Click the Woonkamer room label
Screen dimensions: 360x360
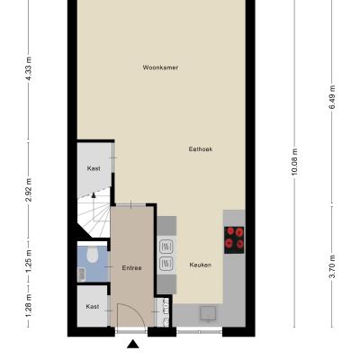[160, 67]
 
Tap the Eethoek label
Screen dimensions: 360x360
[201, 149]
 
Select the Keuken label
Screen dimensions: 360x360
[201, 265]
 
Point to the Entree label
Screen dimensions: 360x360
[131, 268]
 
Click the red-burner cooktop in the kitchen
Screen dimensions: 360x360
[234, 240]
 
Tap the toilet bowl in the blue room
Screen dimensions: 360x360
[93, 255]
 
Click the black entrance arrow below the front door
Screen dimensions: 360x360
[133, 344]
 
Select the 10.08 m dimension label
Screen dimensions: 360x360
[294, 163]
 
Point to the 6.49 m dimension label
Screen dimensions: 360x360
[332, 97]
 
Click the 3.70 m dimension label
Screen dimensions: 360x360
[332, 267]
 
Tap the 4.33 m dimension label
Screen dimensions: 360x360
[29, 68]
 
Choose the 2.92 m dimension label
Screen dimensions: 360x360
[29, 190]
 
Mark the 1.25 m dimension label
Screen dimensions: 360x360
[29, 262]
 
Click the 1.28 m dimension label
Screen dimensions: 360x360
[29, 305]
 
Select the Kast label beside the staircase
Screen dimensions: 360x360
[94, 168]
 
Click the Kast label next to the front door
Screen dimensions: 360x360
[93, 307]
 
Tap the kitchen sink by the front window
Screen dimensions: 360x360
[208, 314]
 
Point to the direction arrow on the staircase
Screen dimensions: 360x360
[94, 195]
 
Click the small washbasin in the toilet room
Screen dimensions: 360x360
[82, 274]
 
